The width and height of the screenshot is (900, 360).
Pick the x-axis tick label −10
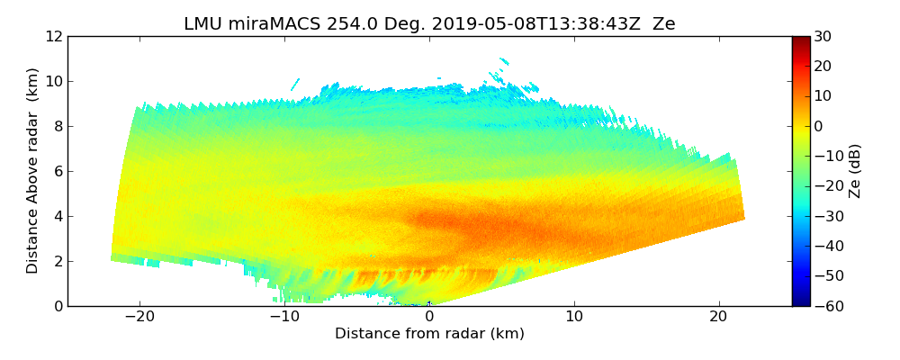[284, 317]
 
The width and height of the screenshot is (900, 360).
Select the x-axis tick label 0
[429, 317]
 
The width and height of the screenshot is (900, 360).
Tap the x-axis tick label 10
[574, 317]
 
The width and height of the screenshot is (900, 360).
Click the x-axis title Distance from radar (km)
[429, 334]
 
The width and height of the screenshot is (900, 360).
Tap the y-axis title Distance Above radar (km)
[33, 171]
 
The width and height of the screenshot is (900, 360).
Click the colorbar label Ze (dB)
[855, 171]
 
